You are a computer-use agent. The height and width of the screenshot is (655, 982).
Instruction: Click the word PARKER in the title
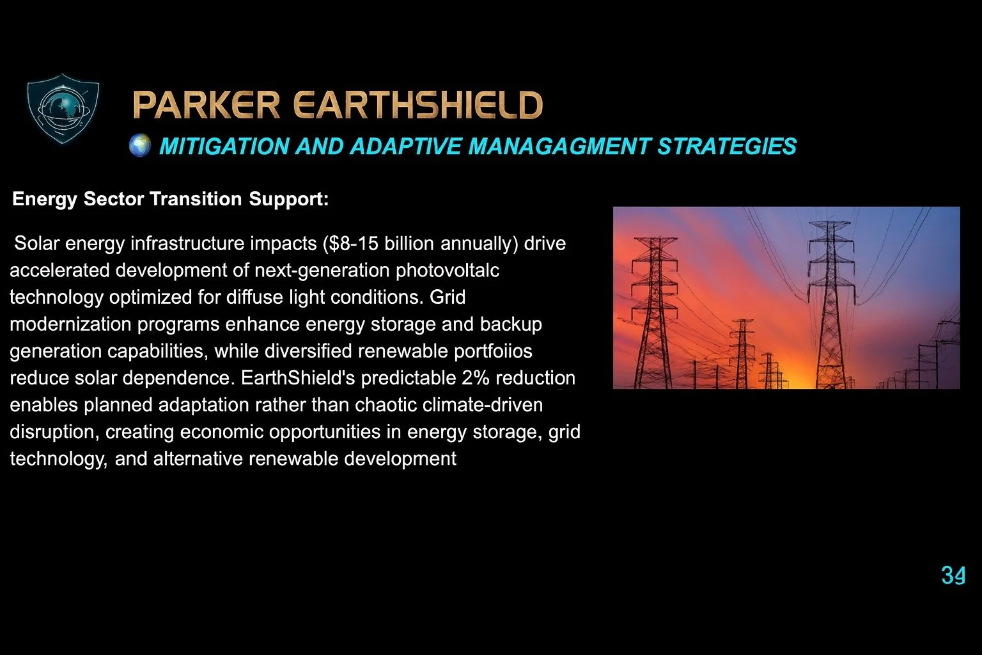pos(207,106)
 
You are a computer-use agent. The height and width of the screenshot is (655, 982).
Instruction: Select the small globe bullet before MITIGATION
pos(140,146)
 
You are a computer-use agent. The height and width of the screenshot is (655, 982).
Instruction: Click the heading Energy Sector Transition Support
pos(170,199)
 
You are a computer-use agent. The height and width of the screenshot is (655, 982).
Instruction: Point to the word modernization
pos(71,324)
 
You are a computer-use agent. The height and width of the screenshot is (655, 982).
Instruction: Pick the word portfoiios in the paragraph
pos(492,351)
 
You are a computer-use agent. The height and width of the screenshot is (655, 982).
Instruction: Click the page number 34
pos(953,576)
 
